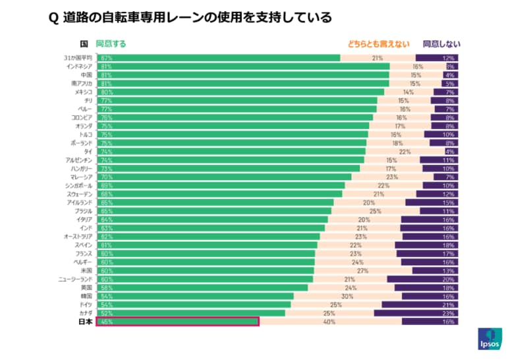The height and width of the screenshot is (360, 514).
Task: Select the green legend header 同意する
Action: (x=111, y=44)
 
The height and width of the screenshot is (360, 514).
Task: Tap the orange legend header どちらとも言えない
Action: (x=374, y=44)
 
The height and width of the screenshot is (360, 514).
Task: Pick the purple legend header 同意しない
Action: (x=442, y=44)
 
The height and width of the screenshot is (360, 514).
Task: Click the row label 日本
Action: (x=86, y=322)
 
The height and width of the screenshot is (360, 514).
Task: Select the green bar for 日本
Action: (x=177, y=322)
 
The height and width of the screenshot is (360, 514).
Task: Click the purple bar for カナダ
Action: (x=416, y=313)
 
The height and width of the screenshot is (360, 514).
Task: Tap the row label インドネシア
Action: (x=80, y=67)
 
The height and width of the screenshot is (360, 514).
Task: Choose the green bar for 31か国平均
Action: (x=218, y=58)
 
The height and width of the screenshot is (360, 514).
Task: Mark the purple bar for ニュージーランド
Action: (x=422, y=279)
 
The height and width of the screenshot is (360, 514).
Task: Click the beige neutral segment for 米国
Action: (x=363, y=270)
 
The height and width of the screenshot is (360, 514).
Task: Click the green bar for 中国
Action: (x=243, y=75)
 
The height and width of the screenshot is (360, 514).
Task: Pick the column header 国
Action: (x=84, y=44)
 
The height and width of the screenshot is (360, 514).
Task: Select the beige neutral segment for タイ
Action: (x=405, y=152)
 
